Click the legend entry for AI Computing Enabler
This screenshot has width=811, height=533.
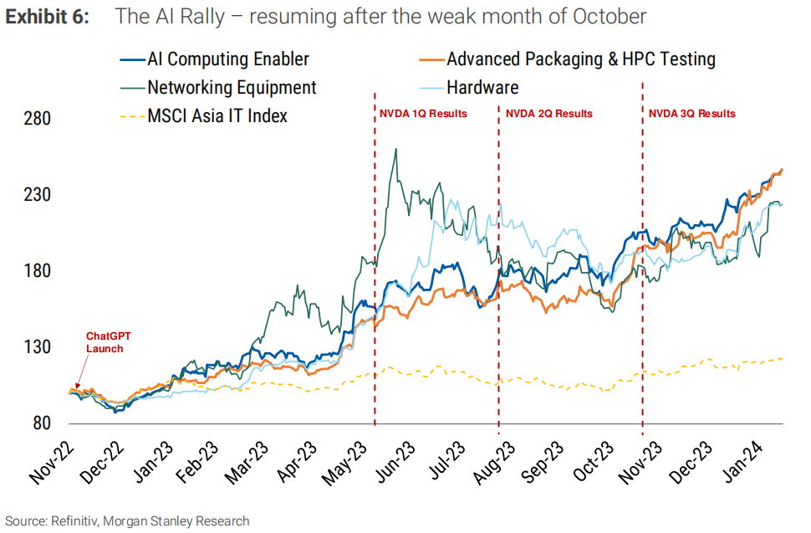tap(227, 59)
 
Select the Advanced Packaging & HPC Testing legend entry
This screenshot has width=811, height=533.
tap(580, 59)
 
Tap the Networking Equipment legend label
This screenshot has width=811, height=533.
tap(232, 87)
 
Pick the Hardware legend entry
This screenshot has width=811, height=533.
tap(482, 87)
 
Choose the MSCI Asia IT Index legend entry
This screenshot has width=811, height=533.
tap(217, 115)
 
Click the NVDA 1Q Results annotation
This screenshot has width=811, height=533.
tap(423, 114)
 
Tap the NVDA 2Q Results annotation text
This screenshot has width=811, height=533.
tap(548, 114)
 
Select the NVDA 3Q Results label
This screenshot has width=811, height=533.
tap(692, 114)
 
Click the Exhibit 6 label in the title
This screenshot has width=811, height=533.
tap(48, 16)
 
